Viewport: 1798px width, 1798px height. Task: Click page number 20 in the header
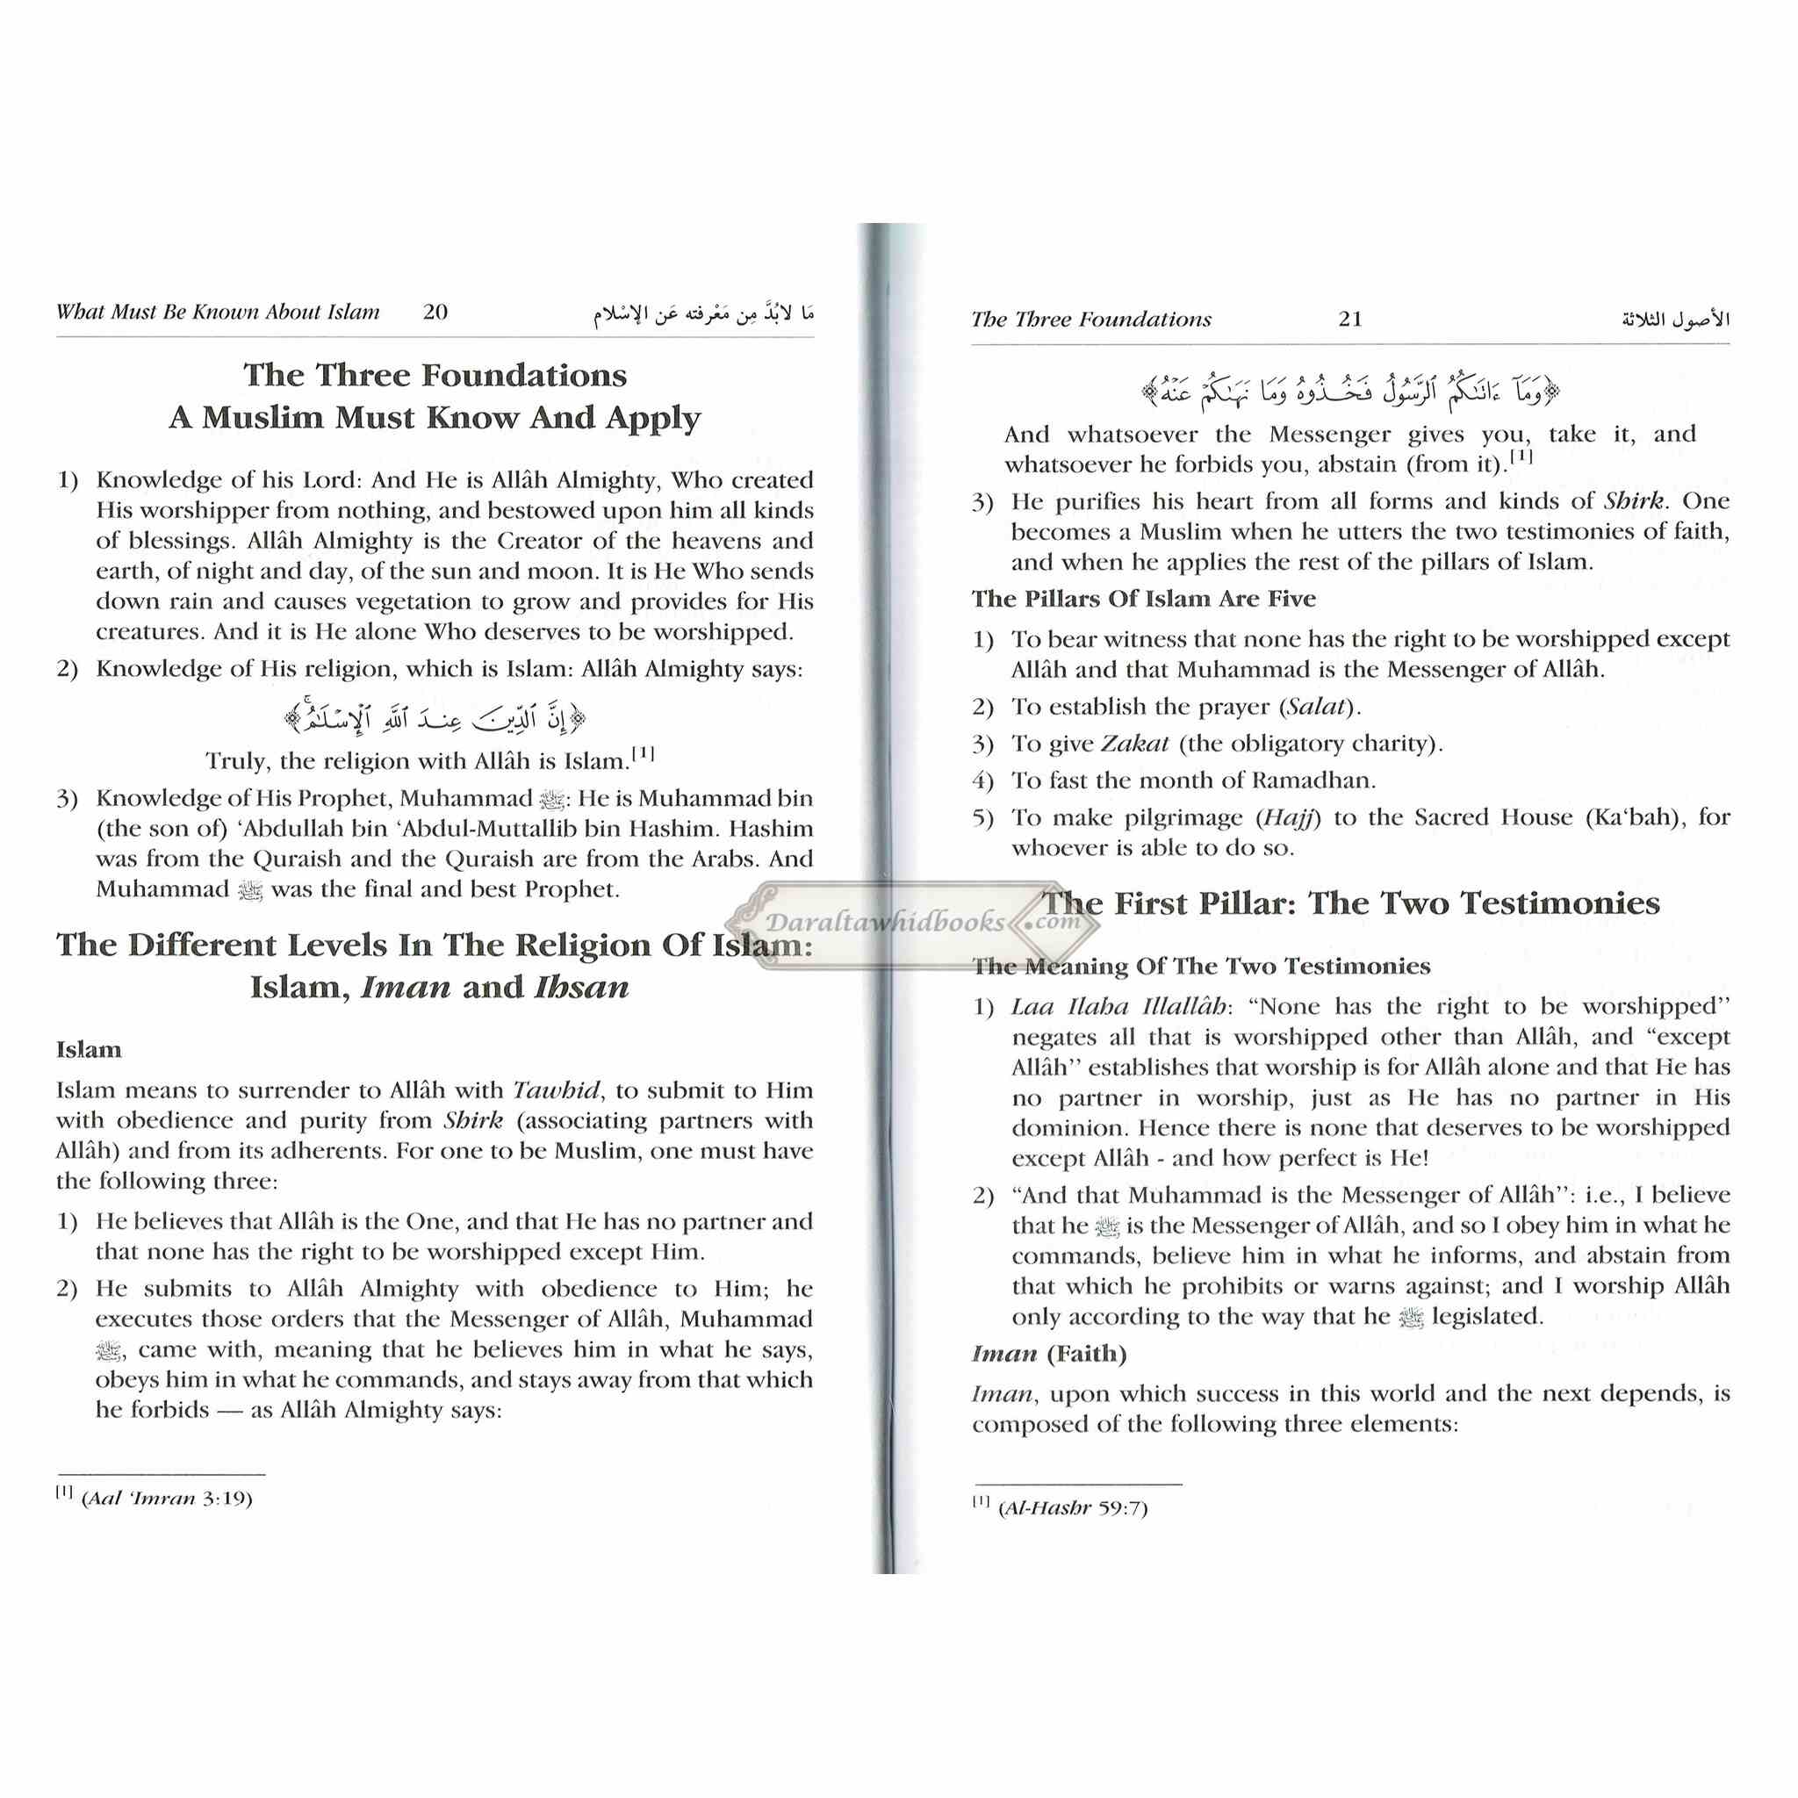(435, 312)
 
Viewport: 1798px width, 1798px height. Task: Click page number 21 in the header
(1350, 320)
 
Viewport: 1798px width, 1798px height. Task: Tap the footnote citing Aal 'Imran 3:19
(155, 1499)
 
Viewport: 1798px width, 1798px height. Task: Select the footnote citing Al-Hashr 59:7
(1060, 1507)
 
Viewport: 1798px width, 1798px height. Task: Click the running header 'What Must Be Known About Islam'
(218, 312)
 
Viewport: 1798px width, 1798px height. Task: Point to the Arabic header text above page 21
(1675, 320)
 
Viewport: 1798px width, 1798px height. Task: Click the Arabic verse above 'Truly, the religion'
(435, 717)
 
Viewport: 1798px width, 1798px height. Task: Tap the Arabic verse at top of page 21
(1350, 391)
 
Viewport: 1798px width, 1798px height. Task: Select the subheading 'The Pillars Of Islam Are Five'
(1144, 599)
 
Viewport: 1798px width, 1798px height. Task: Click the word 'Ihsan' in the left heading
(582, 987)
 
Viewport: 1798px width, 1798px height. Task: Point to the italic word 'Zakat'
(1134, 744)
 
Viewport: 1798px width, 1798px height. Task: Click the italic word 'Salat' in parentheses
(1316, 707)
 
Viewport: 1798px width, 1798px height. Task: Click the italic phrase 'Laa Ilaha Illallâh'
(1118, 1007)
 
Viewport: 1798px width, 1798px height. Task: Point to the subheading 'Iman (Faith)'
(1049, 1353)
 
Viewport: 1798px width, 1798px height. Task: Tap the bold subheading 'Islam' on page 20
(89, 1050)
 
